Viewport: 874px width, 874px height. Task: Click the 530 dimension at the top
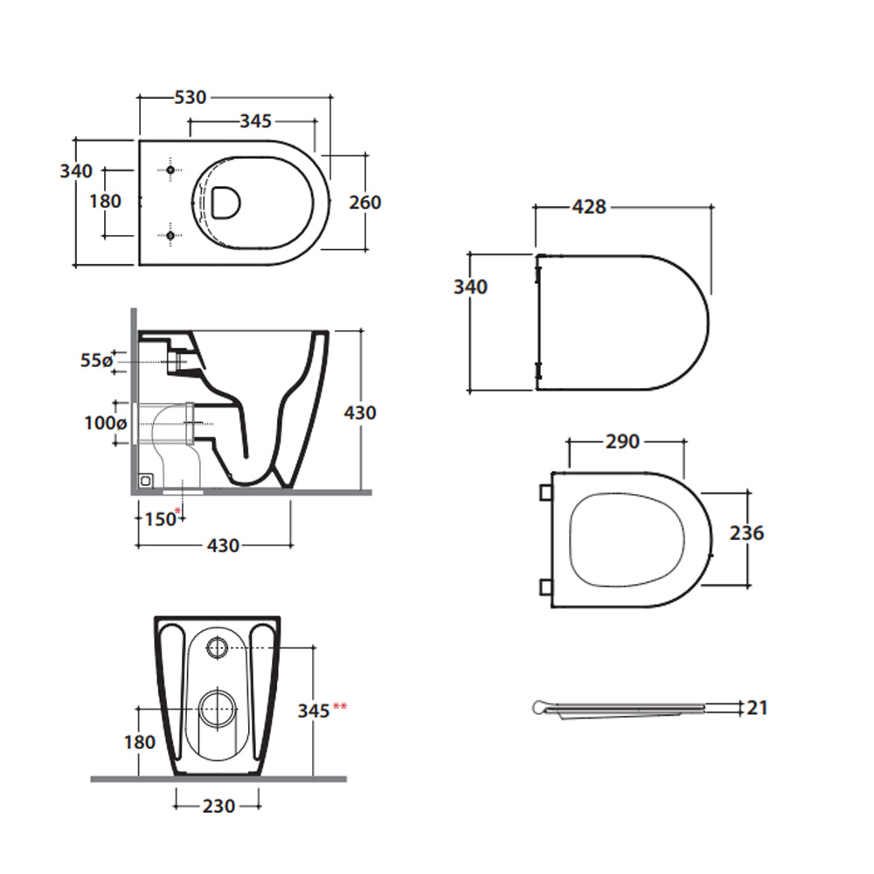(x=191, y=97)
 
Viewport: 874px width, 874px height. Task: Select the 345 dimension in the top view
(x=255, y=121)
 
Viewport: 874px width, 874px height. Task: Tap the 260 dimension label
(x=364, y=202)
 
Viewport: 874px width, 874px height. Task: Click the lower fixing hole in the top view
(x=170, y=234)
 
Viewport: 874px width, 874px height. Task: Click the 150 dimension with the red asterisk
(x=160, y=519)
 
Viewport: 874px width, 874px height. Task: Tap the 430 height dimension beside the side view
(x=359, y=411)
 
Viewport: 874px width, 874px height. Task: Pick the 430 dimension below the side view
(x=223, y=545)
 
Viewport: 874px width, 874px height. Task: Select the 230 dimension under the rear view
(x=218, y=806)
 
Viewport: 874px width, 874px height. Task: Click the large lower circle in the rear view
(x=216, y=708)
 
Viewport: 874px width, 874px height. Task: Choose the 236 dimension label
(x=746, y=532)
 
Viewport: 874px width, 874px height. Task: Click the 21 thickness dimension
(x=757, y=707)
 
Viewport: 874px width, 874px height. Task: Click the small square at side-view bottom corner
(x=147, y=479)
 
